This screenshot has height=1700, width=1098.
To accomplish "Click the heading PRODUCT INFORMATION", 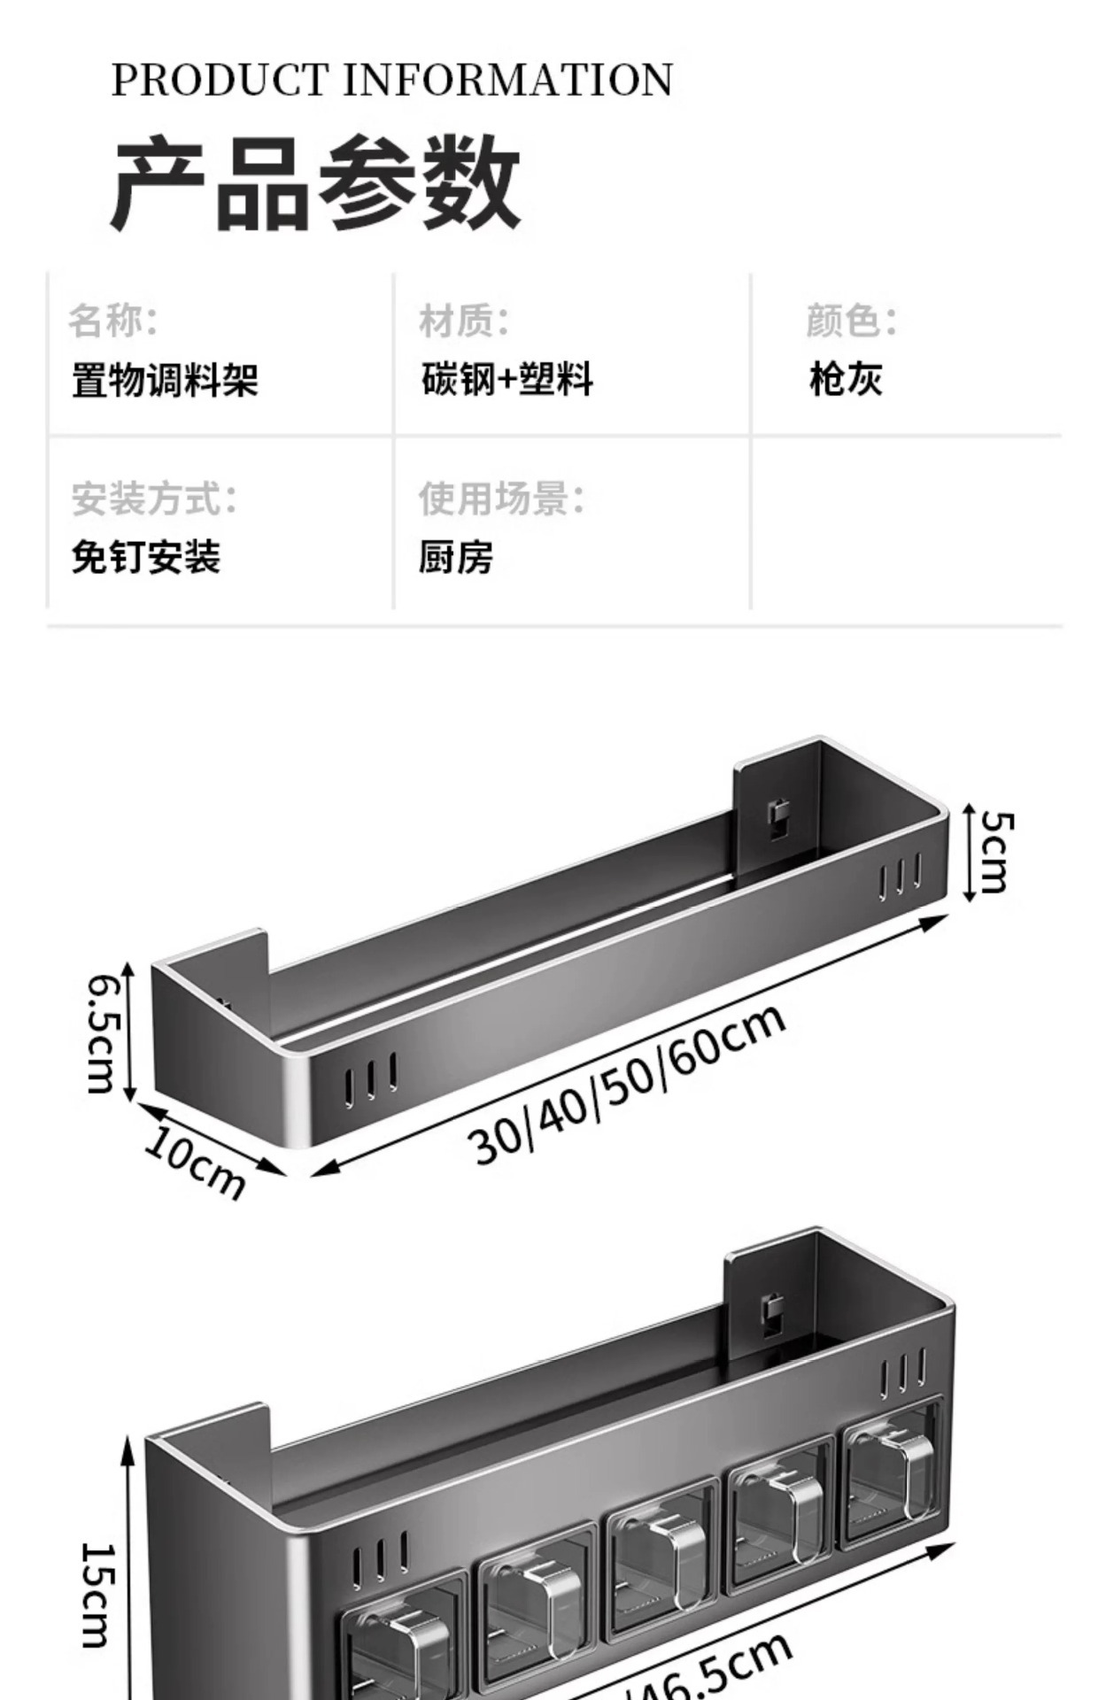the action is point(391,81).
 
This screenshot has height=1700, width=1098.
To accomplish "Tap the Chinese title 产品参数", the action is point(315,183).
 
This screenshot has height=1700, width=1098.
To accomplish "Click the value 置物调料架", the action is point(165,381).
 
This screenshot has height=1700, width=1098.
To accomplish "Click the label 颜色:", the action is point(851,321).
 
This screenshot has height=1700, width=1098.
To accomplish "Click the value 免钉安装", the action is point(146,558).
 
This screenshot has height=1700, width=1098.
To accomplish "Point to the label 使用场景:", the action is point(501,498).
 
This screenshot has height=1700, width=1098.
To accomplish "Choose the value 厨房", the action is point(456,558).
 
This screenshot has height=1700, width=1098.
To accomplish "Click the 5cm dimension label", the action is point(994,853).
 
